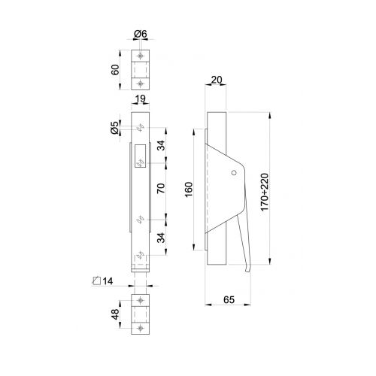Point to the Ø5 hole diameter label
pos(113,128)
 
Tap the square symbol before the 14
pos(96,281)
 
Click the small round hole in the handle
pos(234,174)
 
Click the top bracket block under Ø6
pos(142,71)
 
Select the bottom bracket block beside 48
pos(142,316)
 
